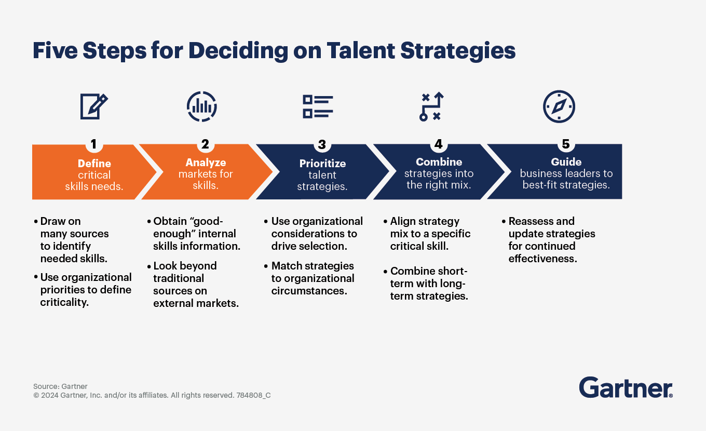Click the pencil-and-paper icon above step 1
[93, 106]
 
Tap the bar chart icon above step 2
[202, 106]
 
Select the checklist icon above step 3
[318, 106]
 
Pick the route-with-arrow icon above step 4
[431, 106]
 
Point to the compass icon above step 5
[559, 106]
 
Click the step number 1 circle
[93, 144]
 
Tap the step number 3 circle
[322, 144]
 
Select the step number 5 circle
[566, 144]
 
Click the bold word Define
[94, 164]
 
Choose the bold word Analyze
[206, 163]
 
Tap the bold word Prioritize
[322, 164]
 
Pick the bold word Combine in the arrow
[439, 161]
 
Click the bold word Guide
[566, 161]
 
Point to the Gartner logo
[626, 387]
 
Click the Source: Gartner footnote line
[60, 386]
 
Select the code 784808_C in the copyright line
[253, 395]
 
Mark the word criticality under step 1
[64, 302]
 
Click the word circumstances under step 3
[309, 290]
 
